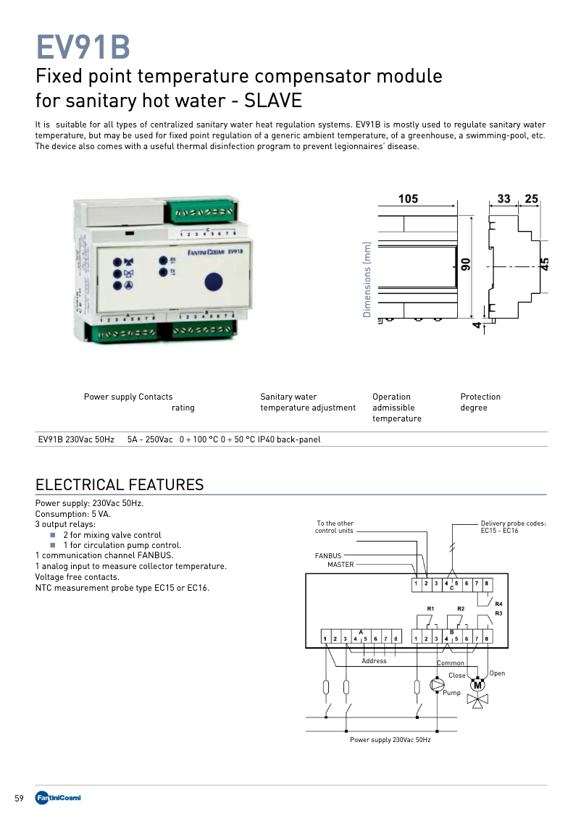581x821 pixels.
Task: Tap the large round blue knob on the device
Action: point(213,282)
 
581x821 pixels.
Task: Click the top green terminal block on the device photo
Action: point(201,212)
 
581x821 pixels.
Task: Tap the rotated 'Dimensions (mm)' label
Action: point(367,279)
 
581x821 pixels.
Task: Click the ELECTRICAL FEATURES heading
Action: point(120,485)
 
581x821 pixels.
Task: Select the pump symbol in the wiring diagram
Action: point(438,684)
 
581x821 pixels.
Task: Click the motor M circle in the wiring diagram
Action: point(477,685)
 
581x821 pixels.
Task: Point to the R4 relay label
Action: point(498,604)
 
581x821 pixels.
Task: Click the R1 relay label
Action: point(430,608)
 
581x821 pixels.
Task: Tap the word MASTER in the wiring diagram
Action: point(340,564)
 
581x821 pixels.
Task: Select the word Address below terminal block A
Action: point(374,661)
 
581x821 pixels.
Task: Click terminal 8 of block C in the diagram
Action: point(487,584)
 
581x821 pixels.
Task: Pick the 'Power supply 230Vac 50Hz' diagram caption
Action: point(390,740)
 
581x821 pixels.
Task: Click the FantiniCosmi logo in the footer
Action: point(59,798)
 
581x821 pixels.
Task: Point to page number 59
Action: point(20,799)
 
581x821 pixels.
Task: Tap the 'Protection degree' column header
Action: point(480,402)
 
